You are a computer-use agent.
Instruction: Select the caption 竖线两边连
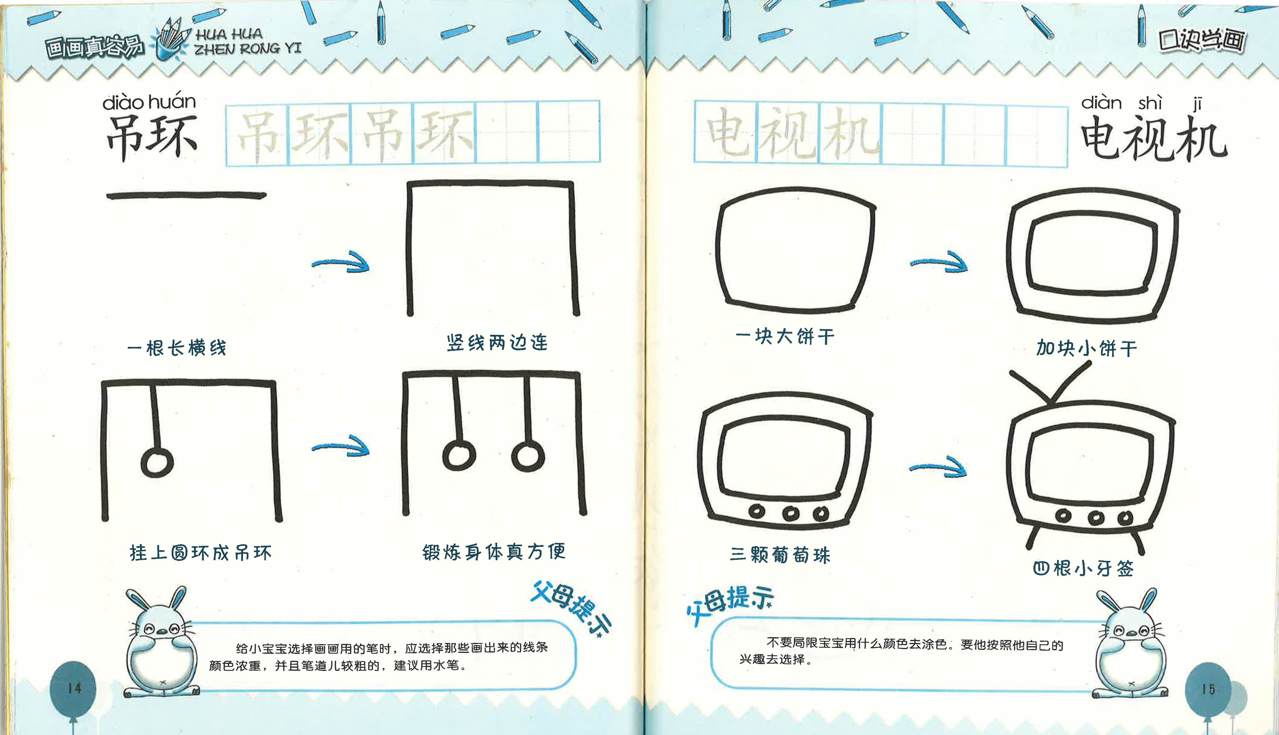tap(497, 343)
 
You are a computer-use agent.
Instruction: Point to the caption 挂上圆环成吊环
tap(201, 553)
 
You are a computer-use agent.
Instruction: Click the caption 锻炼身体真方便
tap(494, 552)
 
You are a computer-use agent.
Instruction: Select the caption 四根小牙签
tap(1083, 568)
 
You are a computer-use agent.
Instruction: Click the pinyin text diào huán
tap(149, 103)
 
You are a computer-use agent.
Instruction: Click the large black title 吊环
tap(151, 136)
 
